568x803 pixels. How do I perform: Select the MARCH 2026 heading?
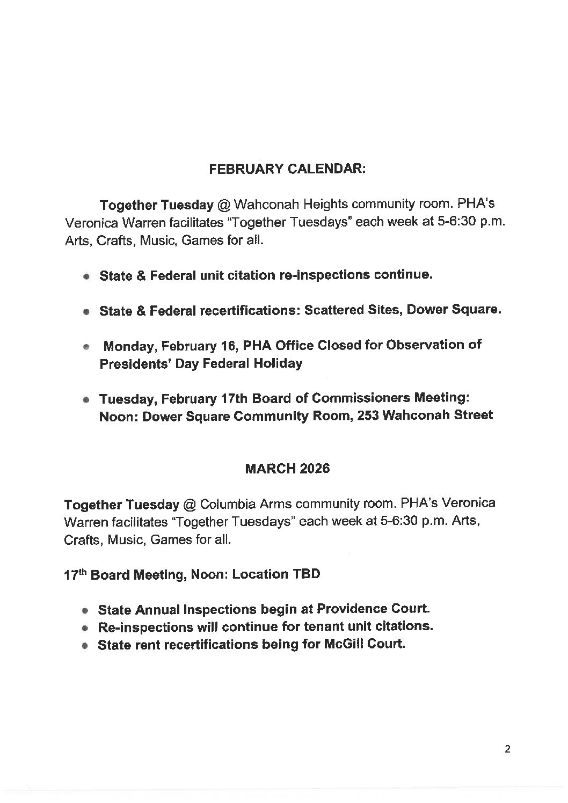pos(287,469)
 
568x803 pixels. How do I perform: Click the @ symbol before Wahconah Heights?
pos(224,205)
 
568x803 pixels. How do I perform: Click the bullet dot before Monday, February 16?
pos(85,347)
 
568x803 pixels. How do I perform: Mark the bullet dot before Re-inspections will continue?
pos(85,628)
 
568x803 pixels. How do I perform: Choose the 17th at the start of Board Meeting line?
pos(75,574)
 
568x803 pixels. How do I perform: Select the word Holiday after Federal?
pos(279,363)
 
